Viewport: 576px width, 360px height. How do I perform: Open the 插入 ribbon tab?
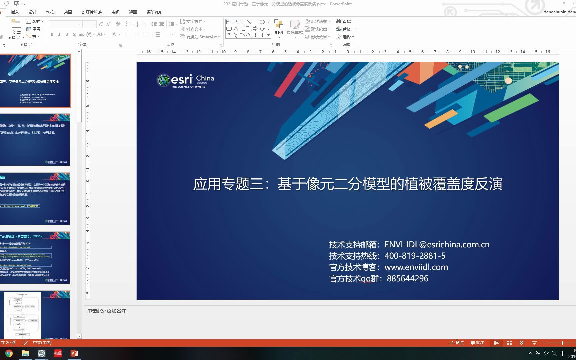point(15,12)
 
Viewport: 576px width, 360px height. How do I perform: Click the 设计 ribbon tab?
point(32,12)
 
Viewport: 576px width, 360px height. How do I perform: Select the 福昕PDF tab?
point(154,12)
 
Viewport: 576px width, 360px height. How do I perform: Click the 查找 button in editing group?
point(344,21)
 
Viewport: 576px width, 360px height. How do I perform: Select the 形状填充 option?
point(317,21)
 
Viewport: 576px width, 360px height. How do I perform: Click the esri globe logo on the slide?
point(163,80)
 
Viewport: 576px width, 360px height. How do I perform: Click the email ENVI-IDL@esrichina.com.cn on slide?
point(437,244)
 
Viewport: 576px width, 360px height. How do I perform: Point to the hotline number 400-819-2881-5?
point(415,256)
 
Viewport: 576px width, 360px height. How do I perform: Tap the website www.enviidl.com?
point(416,267)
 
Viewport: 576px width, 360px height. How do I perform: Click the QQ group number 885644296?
point(407,278)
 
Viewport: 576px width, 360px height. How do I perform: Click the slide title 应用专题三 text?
point(348,184)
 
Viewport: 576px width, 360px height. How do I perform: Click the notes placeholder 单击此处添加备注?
point(107,311)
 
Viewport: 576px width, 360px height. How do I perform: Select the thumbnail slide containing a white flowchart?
point(35,315)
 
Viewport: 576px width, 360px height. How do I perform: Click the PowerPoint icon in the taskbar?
point(74,353)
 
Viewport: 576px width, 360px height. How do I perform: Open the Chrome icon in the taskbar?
point(9,353)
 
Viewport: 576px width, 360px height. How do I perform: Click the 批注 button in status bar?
point(477,343)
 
